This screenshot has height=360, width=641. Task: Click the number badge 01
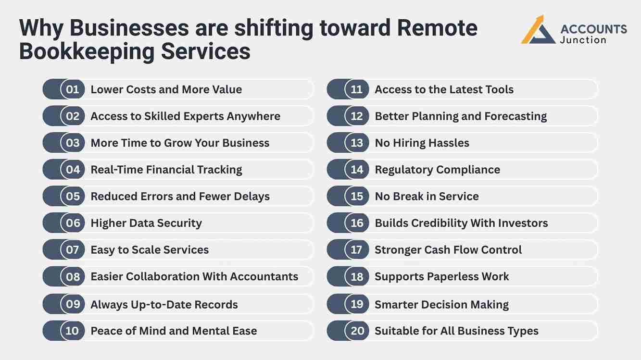click(73, 89)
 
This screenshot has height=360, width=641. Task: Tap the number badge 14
click(357, 170)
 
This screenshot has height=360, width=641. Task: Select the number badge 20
click(357, 331)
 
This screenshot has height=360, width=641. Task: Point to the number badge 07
click(73, 250)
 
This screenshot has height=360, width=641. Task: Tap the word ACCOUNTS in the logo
click(593, 29)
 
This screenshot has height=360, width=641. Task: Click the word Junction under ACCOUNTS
click(583, 40)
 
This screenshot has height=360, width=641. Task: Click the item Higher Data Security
click(146, 223)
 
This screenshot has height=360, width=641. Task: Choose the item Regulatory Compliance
click(437, 170)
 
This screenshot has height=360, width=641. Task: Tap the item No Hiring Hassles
click(422, 143)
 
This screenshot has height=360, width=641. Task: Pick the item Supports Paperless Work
click(441, 276)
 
